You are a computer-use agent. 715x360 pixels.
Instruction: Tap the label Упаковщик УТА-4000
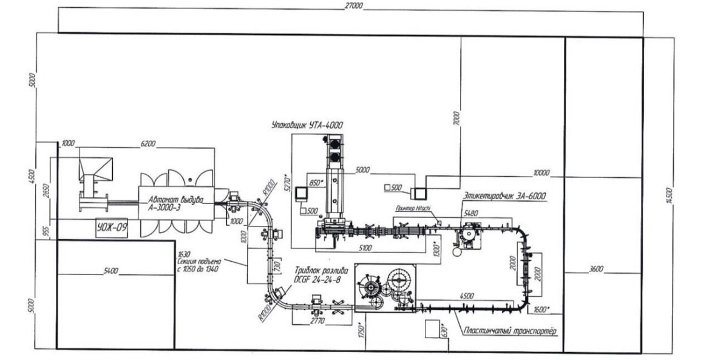(x=307, y=125)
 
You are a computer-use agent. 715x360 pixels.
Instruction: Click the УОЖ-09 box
(x=111, y=228)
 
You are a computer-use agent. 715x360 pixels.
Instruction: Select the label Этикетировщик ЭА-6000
(x=504, y=195)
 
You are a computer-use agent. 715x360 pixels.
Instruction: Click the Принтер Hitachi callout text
(x=413, y=208)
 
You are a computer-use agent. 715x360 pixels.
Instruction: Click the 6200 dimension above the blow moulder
(x=148, y=143)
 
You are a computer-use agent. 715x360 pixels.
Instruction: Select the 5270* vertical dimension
(x=289, y=184)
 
